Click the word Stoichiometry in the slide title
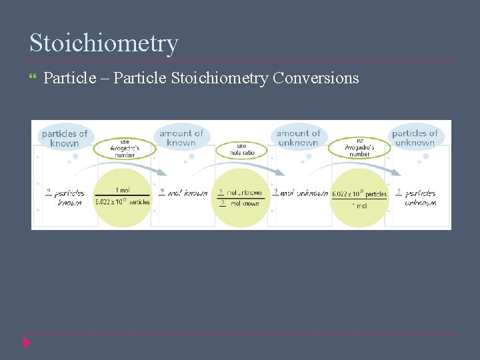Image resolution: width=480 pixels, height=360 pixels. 104,43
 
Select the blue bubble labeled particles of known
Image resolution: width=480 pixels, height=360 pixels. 64,138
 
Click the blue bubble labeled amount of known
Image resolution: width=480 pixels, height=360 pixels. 181,137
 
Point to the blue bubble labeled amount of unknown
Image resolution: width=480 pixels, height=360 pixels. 298,137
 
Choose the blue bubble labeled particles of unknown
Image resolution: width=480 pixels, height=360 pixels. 414,137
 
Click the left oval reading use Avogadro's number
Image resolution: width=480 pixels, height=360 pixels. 124,149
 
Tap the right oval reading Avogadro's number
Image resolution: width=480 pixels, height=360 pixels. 359,148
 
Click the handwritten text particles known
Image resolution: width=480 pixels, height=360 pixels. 69,197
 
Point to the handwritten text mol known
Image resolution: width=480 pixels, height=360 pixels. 187,193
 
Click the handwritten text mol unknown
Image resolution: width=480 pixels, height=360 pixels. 304,193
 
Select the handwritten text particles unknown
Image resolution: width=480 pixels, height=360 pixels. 420,197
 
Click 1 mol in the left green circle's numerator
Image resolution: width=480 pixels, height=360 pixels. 123,190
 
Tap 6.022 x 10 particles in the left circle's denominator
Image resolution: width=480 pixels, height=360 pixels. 123,202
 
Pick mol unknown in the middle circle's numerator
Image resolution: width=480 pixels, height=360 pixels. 244,193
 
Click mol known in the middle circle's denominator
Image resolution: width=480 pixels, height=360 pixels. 244,203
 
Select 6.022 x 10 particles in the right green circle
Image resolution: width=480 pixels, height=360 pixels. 359,194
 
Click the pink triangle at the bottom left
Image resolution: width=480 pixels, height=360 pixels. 27,343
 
